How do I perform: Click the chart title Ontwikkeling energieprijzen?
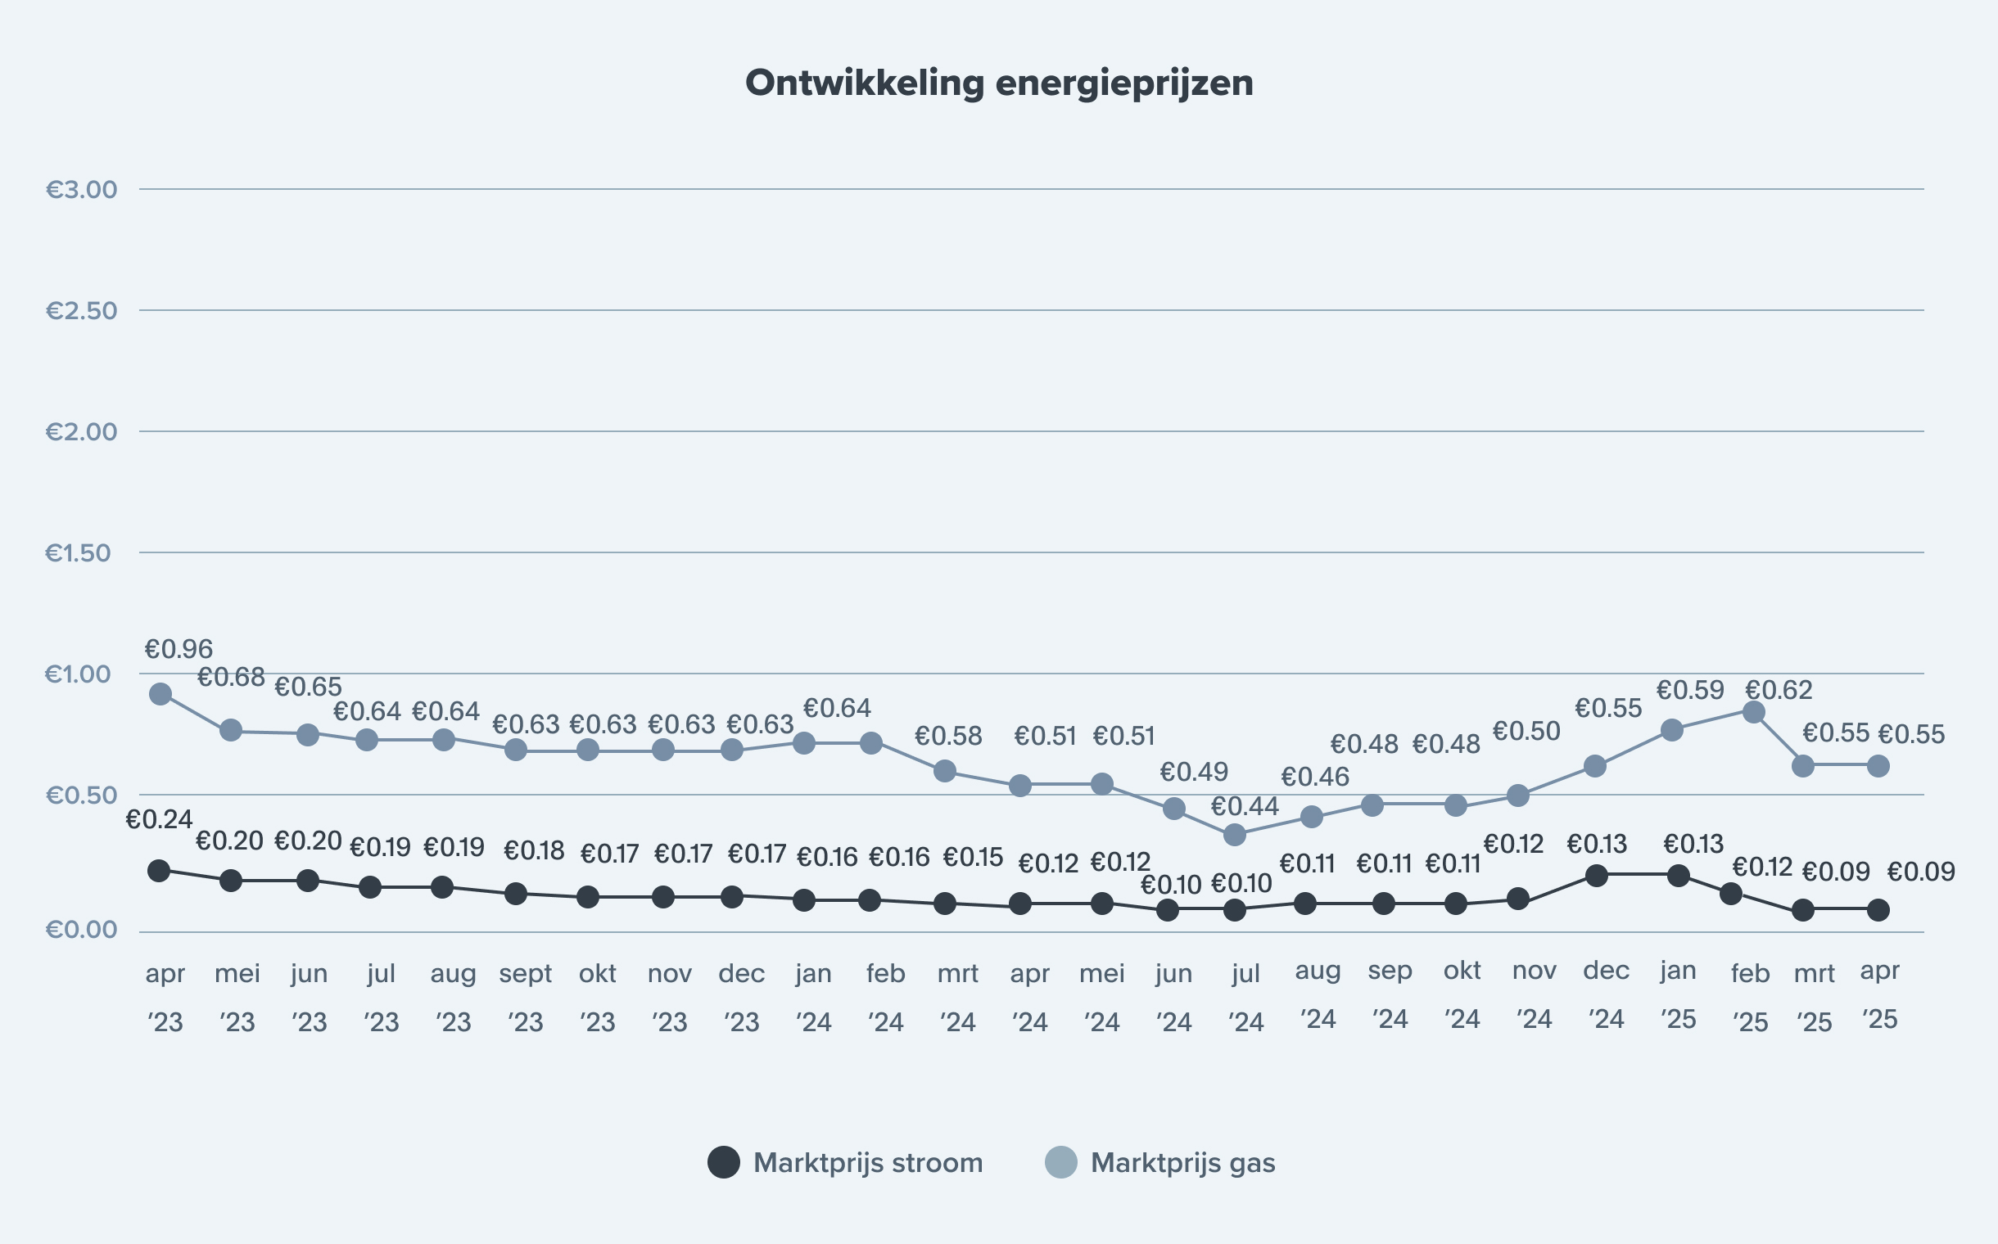click(998, 83)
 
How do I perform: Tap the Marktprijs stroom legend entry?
click(846, 1162)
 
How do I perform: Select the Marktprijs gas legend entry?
click(1160, 1162)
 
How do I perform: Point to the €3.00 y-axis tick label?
click(82, 189)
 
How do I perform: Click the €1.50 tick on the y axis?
click(79, 553)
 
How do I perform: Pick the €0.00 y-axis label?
click(82, 930)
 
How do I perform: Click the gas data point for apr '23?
click(160, 693)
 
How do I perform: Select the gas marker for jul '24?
click(1234, 835)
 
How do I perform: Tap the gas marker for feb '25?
click(1753, 712)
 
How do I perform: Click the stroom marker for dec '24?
click(1596, 876)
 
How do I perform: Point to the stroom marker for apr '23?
click(159, 871)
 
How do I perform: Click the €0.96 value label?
click(179, 649)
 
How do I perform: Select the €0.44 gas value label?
click(1244, 806)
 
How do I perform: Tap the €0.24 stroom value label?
click(159, 819)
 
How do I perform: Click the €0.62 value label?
click(1779, 689)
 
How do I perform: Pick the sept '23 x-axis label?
click(525, 997)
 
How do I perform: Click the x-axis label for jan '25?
click(1678, 994)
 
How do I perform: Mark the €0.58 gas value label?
click(947, 736)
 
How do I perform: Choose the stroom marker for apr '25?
click(1878, 910)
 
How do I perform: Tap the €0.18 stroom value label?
click(533, 850)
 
